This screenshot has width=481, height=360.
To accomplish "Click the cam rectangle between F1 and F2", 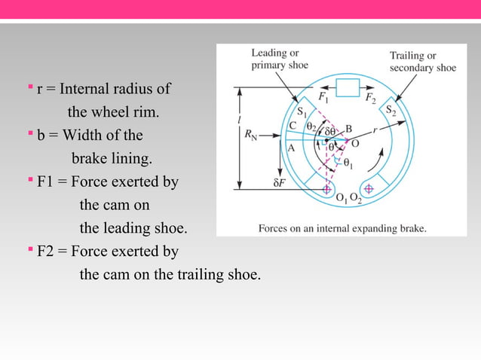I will click(348, 88).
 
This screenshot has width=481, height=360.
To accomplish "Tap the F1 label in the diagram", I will click(323, 98).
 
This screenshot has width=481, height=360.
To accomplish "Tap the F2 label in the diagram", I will click(371, 98).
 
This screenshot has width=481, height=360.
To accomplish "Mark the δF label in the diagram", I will click(280, 182).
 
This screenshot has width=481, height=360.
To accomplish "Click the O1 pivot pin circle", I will click(326, 188).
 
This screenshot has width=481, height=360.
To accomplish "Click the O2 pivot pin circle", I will click(369, 188).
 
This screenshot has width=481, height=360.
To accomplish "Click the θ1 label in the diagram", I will click(347, 162).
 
